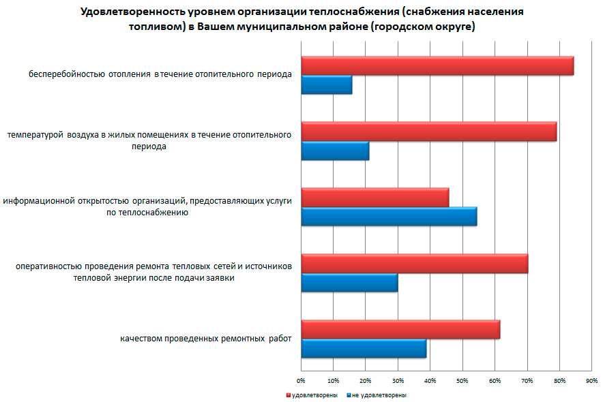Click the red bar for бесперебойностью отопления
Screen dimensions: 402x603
tap(437, 65)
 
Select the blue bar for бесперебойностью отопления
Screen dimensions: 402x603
tap(327, 84)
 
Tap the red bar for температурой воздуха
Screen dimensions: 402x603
tap(428, 132)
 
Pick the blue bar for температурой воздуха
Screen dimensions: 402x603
tap(335, 151)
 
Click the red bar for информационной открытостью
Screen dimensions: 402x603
tap(374, 198)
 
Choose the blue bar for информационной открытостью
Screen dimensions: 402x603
tap(389, 217)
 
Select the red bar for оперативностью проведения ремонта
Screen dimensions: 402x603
tap(414, 264)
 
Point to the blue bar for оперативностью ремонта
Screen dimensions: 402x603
tap(349, 283)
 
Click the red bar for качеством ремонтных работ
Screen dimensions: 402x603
tap(400, 330)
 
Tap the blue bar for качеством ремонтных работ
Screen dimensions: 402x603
tap(364, 349)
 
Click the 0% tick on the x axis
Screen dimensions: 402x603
tap(301, 380)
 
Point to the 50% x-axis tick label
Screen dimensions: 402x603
tap(462, 380)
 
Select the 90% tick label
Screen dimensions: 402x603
tap(591, 380)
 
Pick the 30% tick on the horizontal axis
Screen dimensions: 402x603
tap(398, 380)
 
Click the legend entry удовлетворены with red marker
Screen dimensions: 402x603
tap(314, 395)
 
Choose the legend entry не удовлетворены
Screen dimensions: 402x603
tap(379, 395)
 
